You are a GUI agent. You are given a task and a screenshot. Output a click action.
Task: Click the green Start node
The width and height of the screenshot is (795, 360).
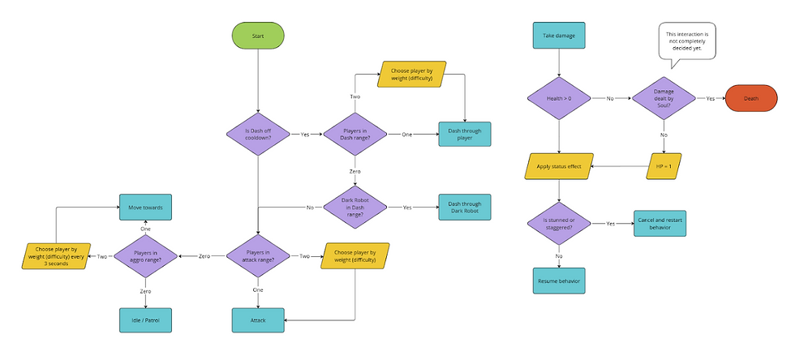258,36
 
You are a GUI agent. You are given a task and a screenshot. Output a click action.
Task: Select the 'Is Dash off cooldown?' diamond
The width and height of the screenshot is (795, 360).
258,134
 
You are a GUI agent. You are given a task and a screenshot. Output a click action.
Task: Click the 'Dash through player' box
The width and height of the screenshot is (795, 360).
465,134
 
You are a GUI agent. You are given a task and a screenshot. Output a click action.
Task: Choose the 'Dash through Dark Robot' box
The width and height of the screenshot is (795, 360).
465,207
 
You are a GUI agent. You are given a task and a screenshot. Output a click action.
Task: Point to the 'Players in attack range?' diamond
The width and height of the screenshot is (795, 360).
258,256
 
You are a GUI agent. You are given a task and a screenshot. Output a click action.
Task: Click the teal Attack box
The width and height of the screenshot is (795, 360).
258,320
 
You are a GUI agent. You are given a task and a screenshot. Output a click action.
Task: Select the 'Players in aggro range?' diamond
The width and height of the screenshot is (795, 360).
145,256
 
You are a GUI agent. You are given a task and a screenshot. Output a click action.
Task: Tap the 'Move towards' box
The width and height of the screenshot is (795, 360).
145,207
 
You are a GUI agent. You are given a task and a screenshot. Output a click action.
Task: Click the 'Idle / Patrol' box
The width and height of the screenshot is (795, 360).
145,320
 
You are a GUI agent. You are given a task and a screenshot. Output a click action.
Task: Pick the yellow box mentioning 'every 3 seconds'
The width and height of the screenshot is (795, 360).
56,256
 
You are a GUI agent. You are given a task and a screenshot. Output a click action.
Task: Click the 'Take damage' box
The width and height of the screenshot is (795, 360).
558,36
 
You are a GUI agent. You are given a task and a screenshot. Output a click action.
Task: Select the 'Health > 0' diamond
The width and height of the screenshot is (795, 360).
558,98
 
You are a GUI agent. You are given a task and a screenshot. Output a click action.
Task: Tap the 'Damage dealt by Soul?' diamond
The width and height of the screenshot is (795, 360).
664,98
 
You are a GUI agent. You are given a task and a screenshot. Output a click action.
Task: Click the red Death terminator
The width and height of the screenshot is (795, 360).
750,98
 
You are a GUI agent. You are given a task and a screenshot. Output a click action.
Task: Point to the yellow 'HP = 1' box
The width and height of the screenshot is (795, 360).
664,166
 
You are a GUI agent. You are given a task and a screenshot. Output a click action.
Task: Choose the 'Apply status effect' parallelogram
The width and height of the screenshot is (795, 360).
558,166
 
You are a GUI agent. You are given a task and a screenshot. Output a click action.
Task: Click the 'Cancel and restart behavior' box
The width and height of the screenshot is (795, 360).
660,224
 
